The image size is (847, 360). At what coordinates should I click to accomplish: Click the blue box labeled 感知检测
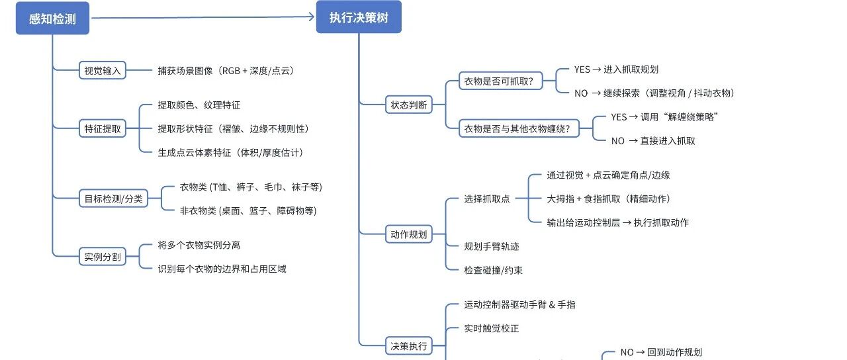pos(52,18)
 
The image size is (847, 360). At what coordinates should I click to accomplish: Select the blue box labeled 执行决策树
pos(359,17)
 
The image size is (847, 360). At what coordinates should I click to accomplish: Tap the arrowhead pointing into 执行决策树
pos(311,17)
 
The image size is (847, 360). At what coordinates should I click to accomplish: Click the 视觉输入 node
pos(103,70)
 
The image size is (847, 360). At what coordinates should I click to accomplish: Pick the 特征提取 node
pos(103,128)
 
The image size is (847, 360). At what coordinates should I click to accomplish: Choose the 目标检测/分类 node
pos(113,199)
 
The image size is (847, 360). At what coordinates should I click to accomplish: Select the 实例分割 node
pos(103,257)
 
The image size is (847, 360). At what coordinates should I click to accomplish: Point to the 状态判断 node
pos(409,105)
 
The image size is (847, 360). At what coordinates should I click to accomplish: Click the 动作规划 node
pos(409,234)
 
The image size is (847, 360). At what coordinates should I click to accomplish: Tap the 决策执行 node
pos(409,346)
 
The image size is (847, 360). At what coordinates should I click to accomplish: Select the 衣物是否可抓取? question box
pos(501,81)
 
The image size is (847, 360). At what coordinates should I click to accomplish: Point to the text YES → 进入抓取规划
pos(616,69)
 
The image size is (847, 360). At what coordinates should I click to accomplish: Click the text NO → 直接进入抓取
pos(653,141)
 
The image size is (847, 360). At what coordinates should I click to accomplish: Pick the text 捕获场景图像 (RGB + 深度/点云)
pos(226,71)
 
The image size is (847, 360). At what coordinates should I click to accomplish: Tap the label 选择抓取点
pos(487,199)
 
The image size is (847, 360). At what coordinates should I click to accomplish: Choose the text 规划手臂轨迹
pos(492,247)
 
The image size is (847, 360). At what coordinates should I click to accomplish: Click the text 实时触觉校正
pos(492,328)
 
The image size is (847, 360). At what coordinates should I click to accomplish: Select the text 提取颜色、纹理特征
pos(199,105)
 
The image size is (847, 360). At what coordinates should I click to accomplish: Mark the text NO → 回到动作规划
pos(661,353)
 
